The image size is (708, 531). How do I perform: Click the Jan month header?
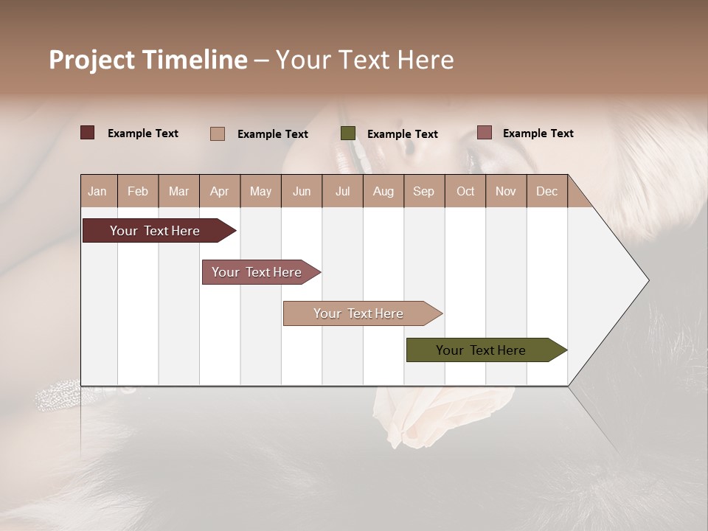pos(97,191)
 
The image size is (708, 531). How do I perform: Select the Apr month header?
pos(219,191)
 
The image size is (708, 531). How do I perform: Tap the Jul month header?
pos(342,191)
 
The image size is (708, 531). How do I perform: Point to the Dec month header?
pos(546,191)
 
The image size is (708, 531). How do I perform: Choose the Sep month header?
pos(423,191)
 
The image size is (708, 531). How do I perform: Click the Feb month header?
pos(138,191)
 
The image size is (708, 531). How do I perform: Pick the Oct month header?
pos(465,191)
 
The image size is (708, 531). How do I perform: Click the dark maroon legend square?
pos(87,133)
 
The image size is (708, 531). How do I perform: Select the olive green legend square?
pos(348,133)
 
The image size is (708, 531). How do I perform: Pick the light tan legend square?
pos(218,133)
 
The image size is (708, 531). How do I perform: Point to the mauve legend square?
pos(484,133)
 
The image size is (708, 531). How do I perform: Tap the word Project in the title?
pos(91,60)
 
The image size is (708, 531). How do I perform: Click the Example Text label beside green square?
pos(402,133)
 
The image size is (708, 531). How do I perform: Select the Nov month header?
pos(505,191)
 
